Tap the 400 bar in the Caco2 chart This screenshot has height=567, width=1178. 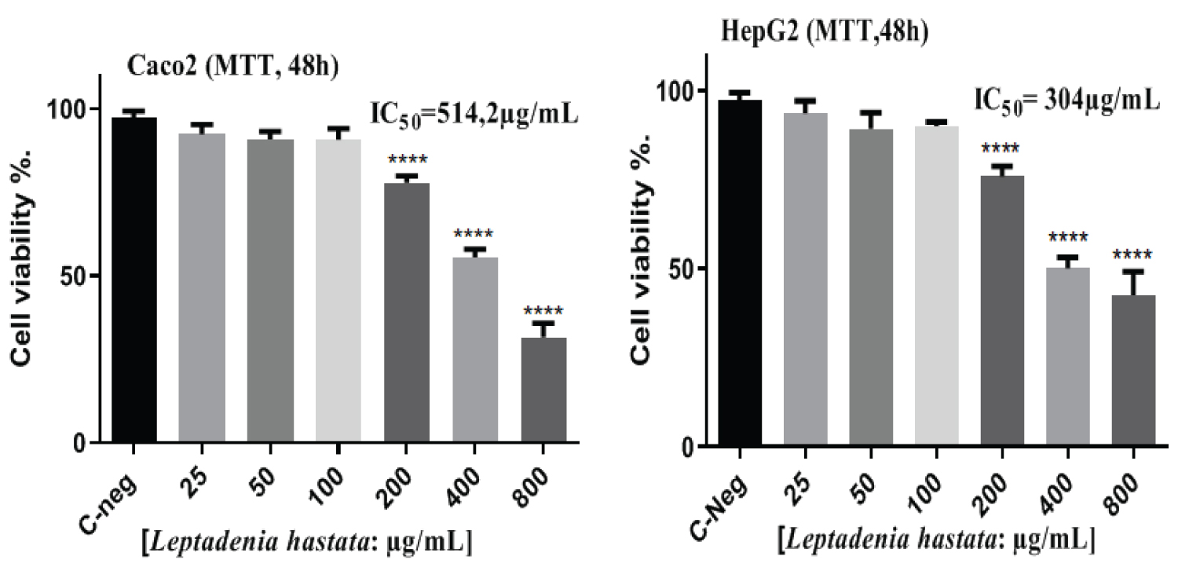point(475,350)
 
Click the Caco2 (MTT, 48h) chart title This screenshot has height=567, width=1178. point(233,67)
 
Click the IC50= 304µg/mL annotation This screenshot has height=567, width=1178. point(1066,101)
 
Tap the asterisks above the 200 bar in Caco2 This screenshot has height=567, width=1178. point(407,166)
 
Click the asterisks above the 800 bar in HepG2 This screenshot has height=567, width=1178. point(1133,255)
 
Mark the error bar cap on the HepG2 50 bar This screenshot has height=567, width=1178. point(864,112)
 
